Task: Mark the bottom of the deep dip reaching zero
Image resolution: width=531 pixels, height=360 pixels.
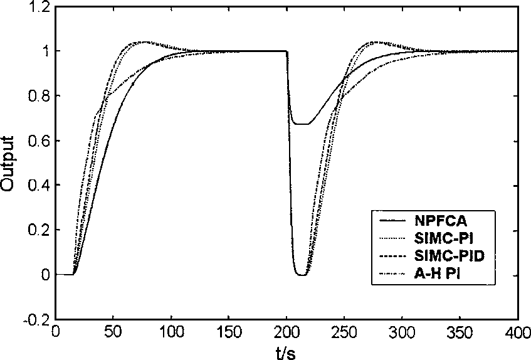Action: tap(303, 275)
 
